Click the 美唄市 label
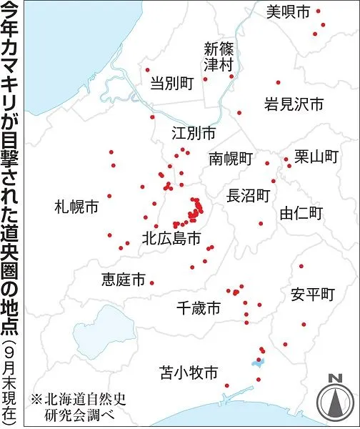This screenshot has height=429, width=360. (x=289, y=11)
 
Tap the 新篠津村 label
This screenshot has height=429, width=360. (x=219, y=58)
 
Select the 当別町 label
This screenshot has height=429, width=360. (x=172, y=84)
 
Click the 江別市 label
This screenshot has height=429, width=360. (x=194, y=134)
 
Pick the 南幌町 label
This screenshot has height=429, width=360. (x=231, y=159)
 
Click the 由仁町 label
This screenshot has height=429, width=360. (x=302, y=212)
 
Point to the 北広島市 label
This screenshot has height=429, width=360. (x=171, y=239)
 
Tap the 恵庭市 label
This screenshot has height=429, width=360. (x=124, y=279)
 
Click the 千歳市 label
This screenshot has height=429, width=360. (x=198, y=309)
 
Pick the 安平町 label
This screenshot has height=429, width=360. (x=312, y=294)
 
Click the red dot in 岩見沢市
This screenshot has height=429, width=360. (x=279, y=82)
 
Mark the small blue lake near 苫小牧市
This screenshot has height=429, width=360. (x=258, y=363)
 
